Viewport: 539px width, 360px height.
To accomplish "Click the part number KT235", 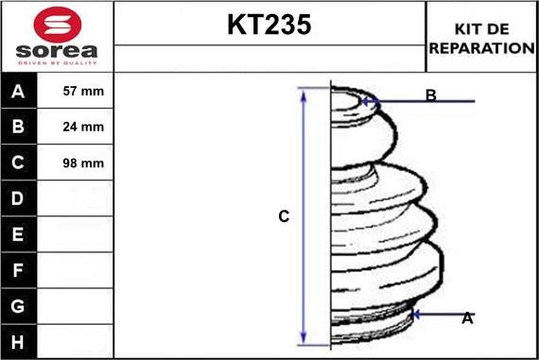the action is point(269,25).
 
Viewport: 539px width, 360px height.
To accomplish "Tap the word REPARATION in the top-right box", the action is point(482,48).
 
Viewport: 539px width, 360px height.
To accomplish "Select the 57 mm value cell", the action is point(75,91).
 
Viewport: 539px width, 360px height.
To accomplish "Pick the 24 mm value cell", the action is point(75,127).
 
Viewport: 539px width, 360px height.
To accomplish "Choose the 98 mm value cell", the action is point(75,163).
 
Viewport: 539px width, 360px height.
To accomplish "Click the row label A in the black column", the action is point(18,92).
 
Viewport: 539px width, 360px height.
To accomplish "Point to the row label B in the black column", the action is point(18,127).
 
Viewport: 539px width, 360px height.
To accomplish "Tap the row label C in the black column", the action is point(18,163).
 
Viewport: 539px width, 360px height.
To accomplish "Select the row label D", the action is point(18,198).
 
